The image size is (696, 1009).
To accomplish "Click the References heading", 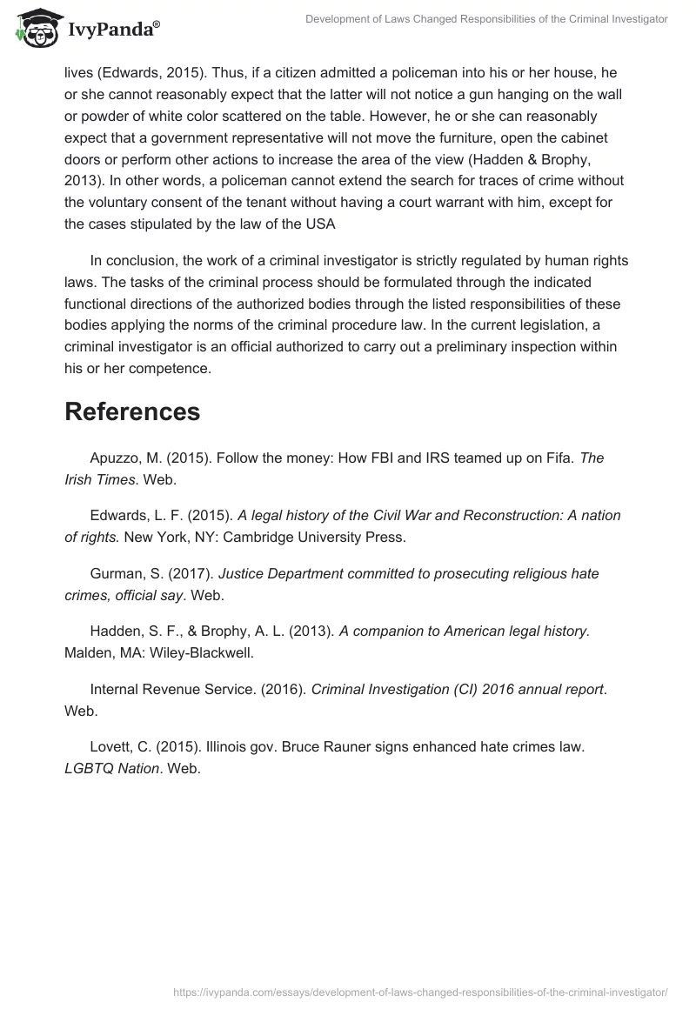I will (x=132, y=411).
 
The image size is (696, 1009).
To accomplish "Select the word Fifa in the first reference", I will (x=556, y=458).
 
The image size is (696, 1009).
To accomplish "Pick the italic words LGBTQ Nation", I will (x=111, y=768).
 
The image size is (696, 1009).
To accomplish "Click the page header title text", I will (x=486, y=19).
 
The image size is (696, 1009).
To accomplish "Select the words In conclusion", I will (x=133, y=261).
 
